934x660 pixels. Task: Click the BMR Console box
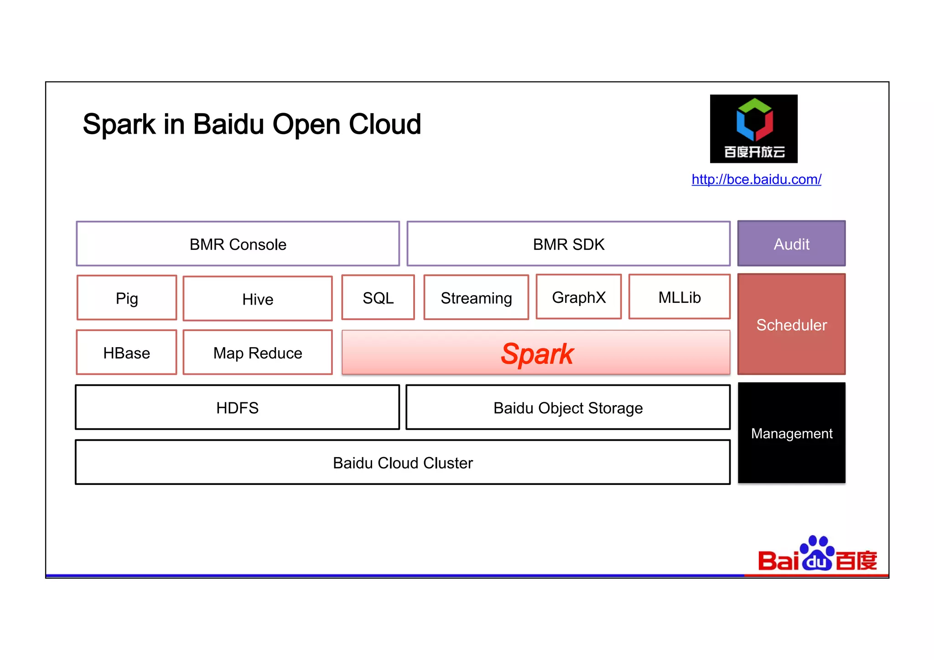coord(238,244)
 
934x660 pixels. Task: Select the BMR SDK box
coord(568,244)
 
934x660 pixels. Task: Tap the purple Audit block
coord(791,244)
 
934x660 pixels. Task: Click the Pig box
coord(127,298)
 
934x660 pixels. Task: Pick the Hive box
coord(258,299)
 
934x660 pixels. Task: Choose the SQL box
coord(378,297)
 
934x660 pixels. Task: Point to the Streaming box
coord(476,297)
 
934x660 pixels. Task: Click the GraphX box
coord(579,297)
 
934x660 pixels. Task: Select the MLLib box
coord(679,297)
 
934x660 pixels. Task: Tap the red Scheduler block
coord(791,324)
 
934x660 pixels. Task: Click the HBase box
coord(127,353)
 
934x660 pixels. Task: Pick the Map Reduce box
coord(258,353)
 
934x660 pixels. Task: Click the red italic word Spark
coord(537,353)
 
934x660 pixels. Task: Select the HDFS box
coord(237,407)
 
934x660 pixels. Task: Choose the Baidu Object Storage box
coord(568,407)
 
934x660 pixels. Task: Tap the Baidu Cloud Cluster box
coord(403,463)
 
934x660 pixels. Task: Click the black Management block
coord(791,433)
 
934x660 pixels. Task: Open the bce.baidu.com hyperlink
coord(756,179)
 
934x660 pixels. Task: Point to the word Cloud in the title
coord(384,124)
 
